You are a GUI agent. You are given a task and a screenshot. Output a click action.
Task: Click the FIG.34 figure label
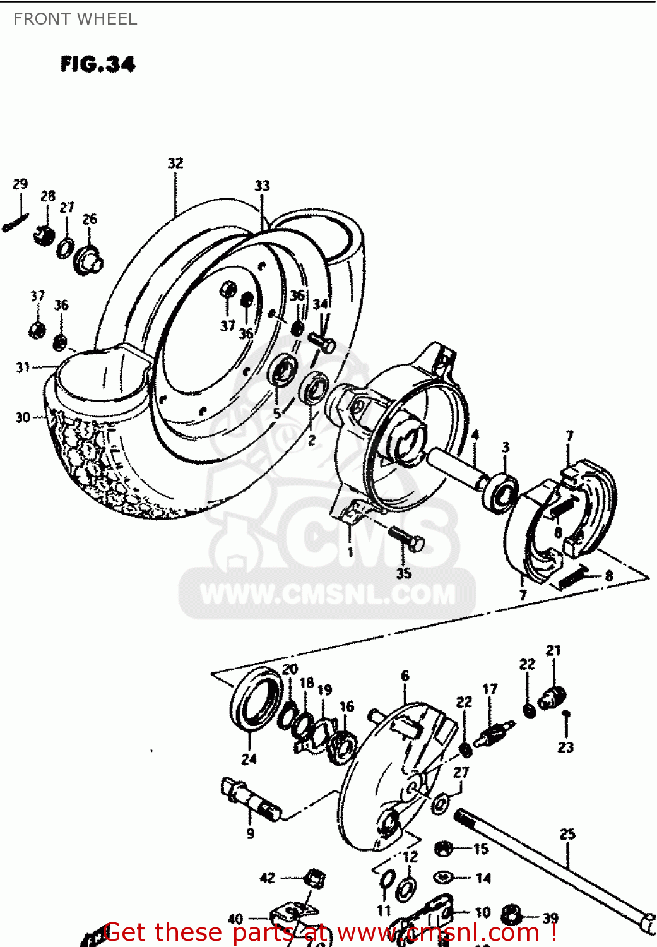(x=98, y=64)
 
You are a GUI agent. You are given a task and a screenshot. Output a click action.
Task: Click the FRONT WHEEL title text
(x=75, y=19)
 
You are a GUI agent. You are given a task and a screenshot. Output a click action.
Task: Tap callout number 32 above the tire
(x=175, y=163)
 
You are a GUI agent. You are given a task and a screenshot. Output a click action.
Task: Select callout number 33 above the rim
(x=262, y=185)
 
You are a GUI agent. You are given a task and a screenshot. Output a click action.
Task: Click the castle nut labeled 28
(x=44, y=235)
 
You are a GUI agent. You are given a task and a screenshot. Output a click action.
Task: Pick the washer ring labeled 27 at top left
(x=65, y=248)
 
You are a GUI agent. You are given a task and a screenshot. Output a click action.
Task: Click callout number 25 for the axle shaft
(x=567, y=834)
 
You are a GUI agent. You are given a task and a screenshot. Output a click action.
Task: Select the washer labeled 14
(x=444, y=878)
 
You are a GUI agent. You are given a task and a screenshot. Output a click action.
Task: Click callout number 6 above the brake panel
(x=405, y=676)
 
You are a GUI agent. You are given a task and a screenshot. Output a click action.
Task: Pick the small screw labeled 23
(x=566, y=714)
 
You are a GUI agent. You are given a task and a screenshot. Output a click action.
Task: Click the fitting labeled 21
(x=553, y=696)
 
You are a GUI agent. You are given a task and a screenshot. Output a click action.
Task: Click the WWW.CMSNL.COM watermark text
(x=328, y=594)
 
